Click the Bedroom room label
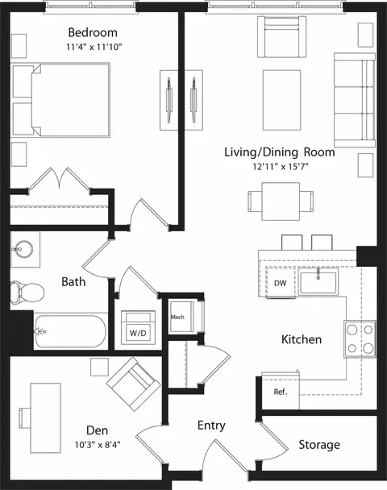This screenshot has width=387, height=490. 93,32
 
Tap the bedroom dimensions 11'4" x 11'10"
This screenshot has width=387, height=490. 94,47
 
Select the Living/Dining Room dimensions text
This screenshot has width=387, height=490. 281,167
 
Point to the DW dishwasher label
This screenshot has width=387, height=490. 280,283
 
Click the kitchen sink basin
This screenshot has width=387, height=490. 318,282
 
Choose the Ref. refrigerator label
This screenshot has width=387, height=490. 281,392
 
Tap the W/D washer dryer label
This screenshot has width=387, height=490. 138,333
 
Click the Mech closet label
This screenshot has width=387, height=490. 177,317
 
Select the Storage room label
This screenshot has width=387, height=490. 319,445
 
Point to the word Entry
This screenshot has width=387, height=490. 211,426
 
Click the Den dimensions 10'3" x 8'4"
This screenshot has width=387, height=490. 98,444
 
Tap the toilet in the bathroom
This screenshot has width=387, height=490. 27,293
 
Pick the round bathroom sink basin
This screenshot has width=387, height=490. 24,249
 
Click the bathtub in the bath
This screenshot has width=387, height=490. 70,331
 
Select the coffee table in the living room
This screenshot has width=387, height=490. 281,100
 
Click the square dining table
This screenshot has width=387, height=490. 281,201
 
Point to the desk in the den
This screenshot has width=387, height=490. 45,417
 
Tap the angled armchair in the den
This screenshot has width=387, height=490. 134,384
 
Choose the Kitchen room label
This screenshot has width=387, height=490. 302,339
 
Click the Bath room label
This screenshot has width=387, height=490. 73,282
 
